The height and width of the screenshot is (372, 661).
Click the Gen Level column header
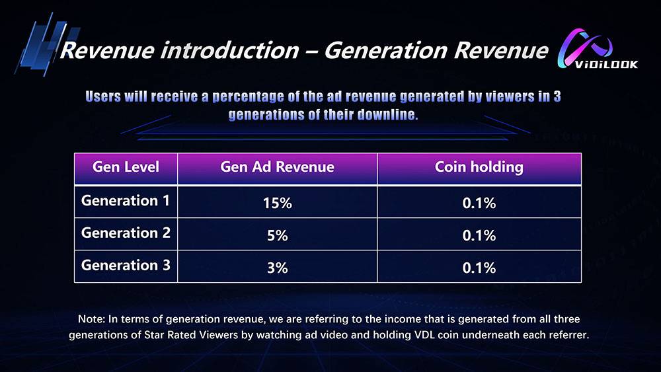click(126, 167)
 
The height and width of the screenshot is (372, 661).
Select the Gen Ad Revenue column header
click(278, 167)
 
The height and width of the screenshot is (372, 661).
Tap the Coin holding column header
click(479, 167)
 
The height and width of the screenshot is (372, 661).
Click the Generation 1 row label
click(126, 200)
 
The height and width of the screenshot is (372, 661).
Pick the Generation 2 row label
click(126, 233)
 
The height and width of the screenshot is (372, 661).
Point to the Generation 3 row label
click(126, 265)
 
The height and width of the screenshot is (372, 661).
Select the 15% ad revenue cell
click(278, 203)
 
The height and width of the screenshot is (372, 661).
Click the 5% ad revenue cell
click(278, 235)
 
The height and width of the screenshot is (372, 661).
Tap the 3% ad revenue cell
click(278, 268)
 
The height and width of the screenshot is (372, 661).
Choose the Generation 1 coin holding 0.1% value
click(479, 203)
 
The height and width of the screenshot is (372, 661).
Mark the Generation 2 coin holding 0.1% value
click(479, 235)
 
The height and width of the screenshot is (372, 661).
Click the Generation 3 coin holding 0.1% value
click(479, 268)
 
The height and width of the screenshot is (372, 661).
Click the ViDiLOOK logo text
click(606, 64)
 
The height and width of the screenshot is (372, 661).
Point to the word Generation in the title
click(385, 51)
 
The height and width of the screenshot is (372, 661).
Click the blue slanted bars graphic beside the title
click(47, 45)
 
